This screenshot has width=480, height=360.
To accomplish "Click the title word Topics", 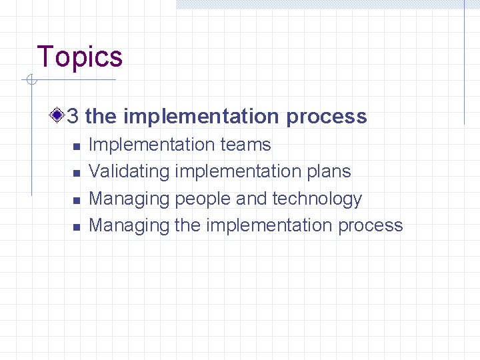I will tap(80, 57).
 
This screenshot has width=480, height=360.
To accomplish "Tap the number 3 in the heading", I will tap(73, 117).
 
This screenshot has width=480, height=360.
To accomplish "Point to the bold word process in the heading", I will tap(326, 117).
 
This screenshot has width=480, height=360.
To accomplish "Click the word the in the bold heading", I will tap(101, 117).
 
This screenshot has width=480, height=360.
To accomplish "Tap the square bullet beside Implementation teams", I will tap(77, 146).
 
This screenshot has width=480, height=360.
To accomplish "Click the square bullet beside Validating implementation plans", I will tap(77, 173).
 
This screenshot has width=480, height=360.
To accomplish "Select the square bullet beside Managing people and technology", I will tap(77, 200).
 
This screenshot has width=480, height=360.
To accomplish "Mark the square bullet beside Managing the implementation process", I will tap(77, 227).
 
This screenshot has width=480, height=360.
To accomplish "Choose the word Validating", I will tap(129, 171).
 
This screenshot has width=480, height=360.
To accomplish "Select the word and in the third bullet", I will tap(251, 199).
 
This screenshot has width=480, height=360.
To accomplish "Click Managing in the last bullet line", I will tap(129, 226).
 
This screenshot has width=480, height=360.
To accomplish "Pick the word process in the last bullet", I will tap(370, 226).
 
